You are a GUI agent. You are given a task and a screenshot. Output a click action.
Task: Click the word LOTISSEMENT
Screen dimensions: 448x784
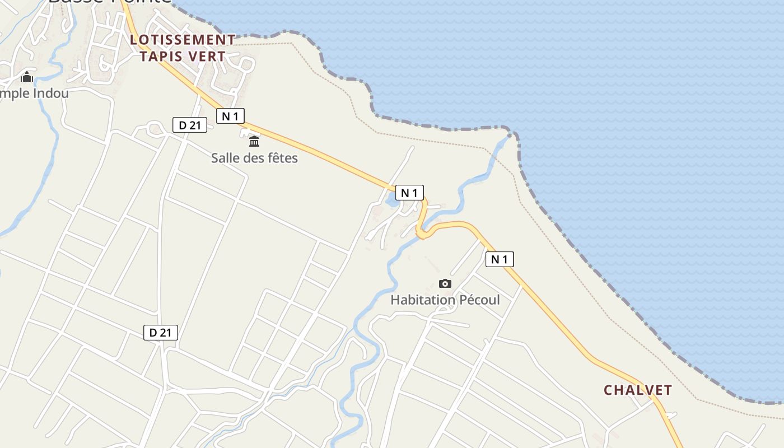[x=183, y=40]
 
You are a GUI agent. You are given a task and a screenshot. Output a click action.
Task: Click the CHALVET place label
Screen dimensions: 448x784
[x=637, y=390]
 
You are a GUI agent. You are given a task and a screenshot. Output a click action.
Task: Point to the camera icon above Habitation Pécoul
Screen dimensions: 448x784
[x=445, y=283]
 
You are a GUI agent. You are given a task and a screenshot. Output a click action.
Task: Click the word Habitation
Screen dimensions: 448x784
[x=423, y=300]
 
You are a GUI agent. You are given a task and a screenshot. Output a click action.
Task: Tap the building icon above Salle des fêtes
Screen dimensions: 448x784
[x=254, y=141]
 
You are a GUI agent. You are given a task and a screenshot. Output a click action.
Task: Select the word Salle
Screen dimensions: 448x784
[x=226, y=158]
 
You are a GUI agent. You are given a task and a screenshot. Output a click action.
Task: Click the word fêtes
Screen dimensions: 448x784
[x=282, y=158]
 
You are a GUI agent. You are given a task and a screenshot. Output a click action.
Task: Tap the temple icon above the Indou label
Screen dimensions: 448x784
[x=27, y=77]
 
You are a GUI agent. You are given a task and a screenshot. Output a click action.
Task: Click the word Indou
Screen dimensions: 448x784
[x=50, y=93]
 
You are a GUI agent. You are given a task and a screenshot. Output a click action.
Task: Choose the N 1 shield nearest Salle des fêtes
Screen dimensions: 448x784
[x=231, y=116]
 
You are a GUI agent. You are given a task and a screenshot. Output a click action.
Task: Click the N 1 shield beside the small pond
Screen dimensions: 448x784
[x=409, y=193]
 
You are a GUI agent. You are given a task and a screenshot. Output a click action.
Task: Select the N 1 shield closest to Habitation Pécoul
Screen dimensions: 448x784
[x=500, y=259]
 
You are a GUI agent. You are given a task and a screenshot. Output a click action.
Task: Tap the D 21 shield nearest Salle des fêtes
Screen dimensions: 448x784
[x=190, y=125]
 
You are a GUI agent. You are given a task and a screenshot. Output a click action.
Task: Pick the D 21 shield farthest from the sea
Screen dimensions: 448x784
[x=161, y=333]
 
